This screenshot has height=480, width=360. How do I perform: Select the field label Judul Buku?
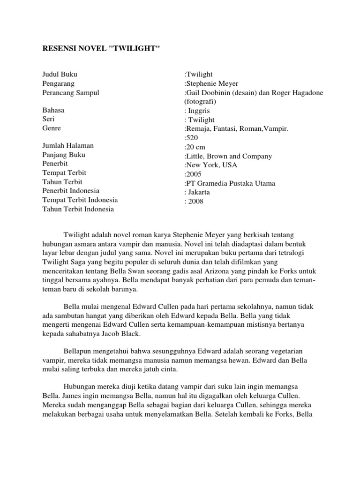point(59,74)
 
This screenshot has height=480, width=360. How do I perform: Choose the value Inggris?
point(199,111)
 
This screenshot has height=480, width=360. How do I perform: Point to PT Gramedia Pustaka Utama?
point(230,183)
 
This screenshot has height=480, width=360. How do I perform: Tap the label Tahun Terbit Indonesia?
point(78,209)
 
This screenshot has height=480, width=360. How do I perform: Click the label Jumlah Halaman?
point(67,146)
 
